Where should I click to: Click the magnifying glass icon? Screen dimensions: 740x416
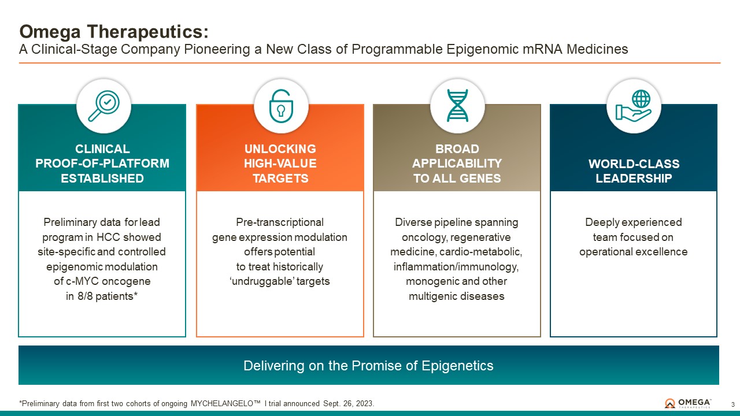[x=103, y=106]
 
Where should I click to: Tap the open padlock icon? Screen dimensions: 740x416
[x=281, y=106]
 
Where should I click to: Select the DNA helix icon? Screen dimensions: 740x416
[x=457, y=106]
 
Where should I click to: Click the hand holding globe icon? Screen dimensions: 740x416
[x=633, y=106]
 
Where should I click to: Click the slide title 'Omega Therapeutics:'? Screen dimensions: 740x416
[x=114, y=32]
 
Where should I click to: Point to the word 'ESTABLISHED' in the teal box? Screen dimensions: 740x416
[x=102, y=179]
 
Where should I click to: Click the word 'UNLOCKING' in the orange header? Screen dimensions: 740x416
[x=280, y=149]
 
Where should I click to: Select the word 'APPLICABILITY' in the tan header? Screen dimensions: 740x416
[x=457, y=164]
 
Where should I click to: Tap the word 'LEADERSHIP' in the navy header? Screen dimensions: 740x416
[x=634, y=179]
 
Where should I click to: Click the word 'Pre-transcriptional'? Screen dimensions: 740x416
[x=280, y=222]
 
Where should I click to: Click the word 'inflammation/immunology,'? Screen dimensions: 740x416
[x=456, y=266]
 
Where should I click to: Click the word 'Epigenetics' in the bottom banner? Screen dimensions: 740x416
[x=457, y=366]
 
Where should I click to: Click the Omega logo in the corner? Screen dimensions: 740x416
[x=688, y=403]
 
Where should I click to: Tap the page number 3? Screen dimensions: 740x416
[x=732, y=404]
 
